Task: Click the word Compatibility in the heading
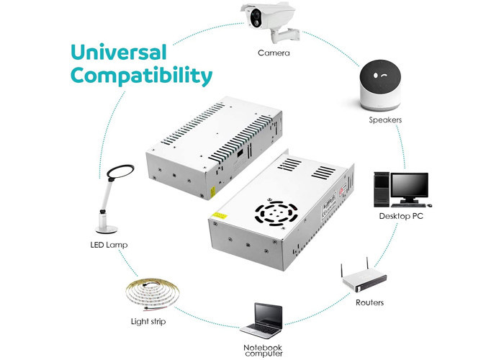click(141, 76)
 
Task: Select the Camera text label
click(275, 53)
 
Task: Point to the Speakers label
click(385, 120)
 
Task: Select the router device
click(364, 277)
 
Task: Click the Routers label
click(369, 302)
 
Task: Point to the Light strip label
click(148, 321)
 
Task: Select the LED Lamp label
click(104, 246)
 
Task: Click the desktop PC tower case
click(382, 189)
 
